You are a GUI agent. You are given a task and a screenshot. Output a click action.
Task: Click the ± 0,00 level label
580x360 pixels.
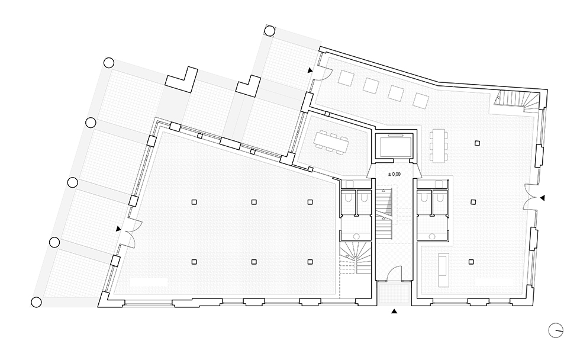click(x=394, y=174)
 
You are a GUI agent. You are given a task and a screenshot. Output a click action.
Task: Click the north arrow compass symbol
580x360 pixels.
click(x=555, y=330)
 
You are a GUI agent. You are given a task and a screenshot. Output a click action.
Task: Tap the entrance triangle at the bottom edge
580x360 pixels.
click(x=394, y=311)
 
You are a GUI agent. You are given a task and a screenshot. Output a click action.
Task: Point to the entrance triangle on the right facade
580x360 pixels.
click(x=542, y=198)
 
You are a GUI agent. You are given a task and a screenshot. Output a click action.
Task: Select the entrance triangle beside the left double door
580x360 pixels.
click(x=118, y=229)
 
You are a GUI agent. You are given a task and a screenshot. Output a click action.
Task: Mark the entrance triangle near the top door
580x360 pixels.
click(x=310, y=70)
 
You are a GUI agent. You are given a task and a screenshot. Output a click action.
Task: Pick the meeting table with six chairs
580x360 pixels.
click(x=331, y=142)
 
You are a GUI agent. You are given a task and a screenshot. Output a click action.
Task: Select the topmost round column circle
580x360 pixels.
click(x=270, y=30)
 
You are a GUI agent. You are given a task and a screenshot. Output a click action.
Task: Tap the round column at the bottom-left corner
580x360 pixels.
click(x=36, y=303)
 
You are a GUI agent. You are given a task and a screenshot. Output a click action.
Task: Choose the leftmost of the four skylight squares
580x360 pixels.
click(x=346, y=78)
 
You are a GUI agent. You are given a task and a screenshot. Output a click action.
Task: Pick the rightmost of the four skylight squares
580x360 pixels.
click(x=421, y=100)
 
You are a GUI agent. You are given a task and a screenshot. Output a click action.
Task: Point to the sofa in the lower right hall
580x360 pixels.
click(x=443, y=269)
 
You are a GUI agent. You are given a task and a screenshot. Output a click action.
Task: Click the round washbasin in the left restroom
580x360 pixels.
click(x=357, y=236)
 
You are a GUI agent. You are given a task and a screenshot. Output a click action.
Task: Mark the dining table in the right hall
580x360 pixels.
click(x=439, y=145)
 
